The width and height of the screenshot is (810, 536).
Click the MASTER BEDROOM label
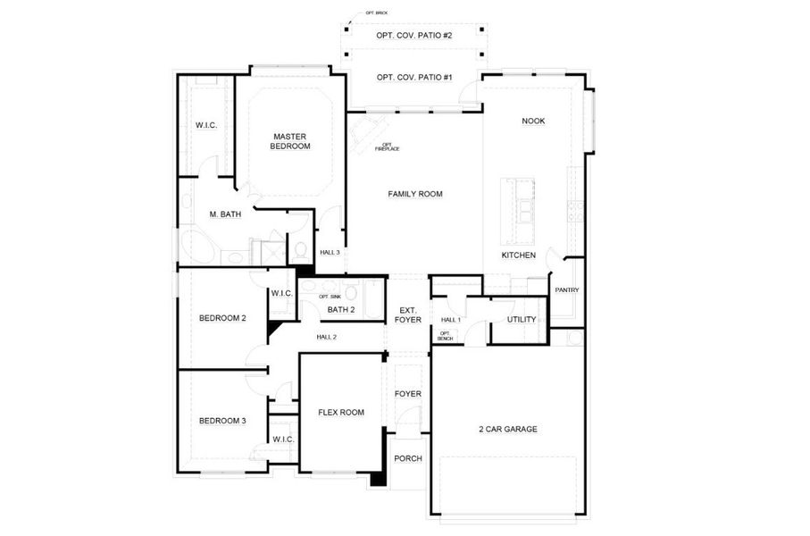pos(291,140)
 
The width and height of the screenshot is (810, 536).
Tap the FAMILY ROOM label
pos(415,194)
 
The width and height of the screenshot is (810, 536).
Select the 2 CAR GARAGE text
pos(507,429)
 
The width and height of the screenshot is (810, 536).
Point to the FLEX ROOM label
pos(341,412)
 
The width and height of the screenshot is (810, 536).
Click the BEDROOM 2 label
pos(221,318)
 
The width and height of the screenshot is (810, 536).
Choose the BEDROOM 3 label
pos(221,421)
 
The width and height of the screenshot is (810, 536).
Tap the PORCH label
pos(407,458)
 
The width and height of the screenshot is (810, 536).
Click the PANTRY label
pos(566,289)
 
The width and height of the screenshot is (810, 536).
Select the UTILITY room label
pos(521,319)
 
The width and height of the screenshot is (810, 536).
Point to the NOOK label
pos(533,121)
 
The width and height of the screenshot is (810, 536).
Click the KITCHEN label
pos(518,255)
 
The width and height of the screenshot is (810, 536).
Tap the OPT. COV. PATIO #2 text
pos(413,36)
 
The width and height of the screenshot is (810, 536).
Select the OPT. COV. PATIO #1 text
pos(413,78)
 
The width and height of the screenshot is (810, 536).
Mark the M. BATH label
pos(226,214)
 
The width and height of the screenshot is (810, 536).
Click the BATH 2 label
pos(340,310)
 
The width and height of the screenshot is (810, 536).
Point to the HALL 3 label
pos(330,253)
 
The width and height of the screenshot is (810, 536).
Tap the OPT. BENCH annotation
pos(444,336)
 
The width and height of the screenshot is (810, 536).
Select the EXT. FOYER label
pos(407,314)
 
